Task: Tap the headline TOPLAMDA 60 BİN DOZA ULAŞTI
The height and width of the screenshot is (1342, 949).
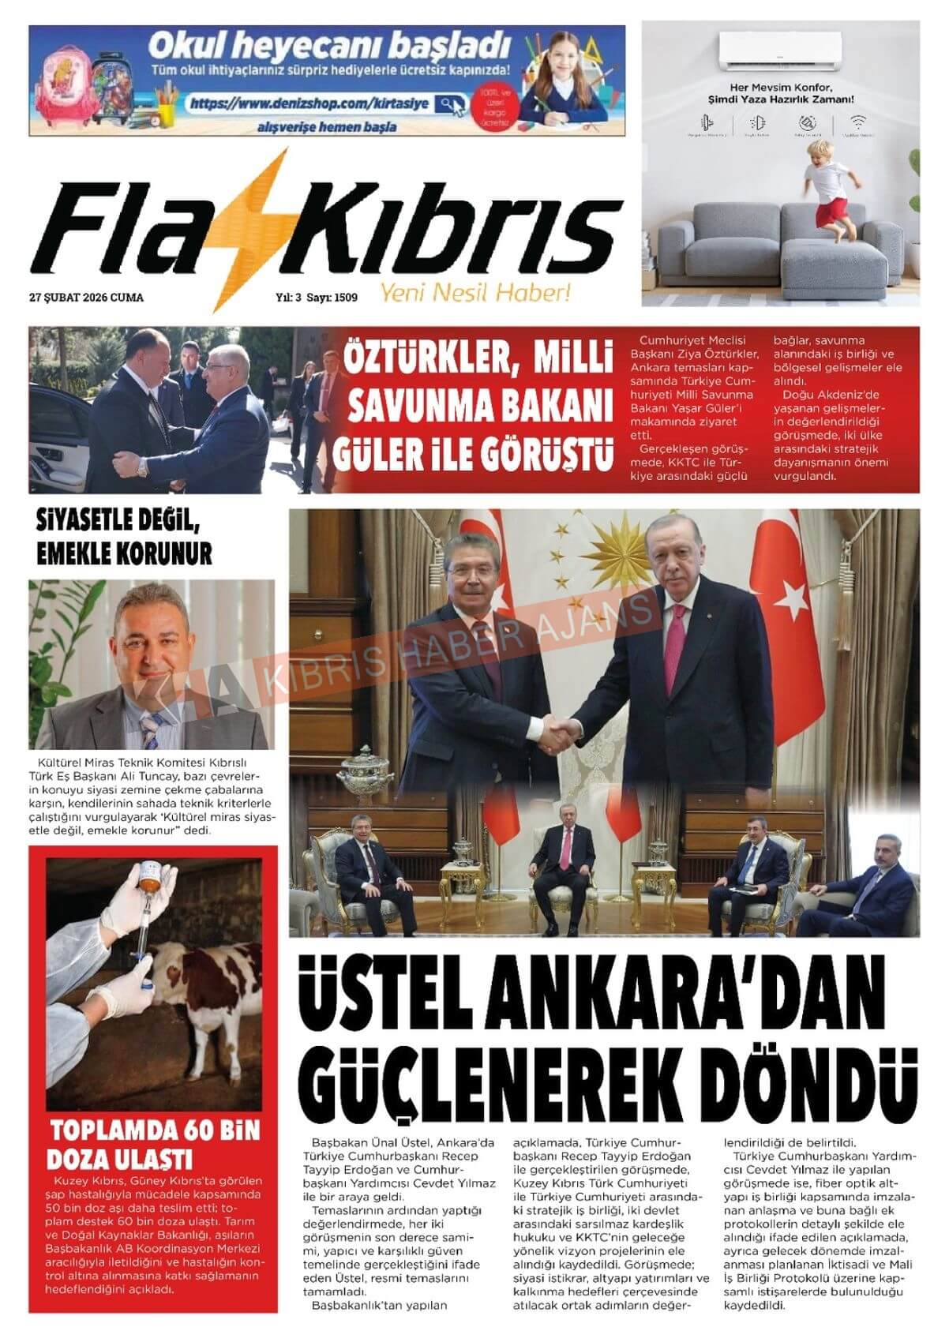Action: point(154,1144)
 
